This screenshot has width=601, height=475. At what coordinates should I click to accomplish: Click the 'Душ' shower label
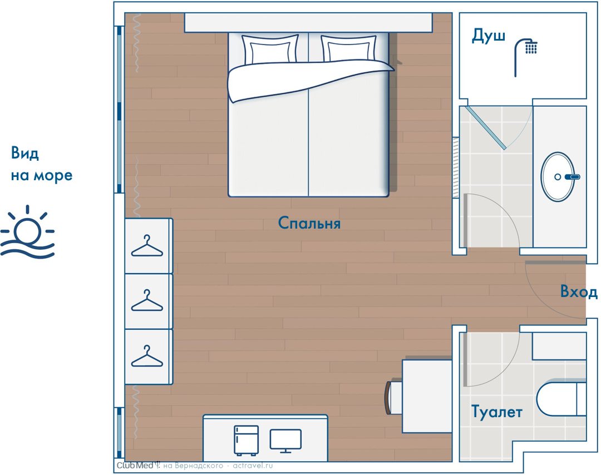[x=489, y=36]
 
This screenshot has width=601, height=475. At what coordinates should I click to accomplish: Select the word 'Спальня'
[x=309, y=223]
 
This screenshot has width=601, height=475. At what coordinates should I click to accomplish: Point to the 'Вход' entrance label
[x=579, y=291]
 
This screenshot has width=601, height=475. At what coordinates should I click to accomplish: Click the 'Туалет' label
[x=497, y=412]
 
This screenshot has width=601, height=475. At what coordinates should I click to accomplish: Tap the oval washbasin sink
[x=558, y=176]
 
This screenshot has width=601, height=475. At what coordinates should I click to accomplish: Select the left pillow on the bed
[x=270, y=49]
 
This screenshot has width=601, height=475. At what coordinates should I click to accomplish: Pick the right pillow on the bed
[x=348, y=48]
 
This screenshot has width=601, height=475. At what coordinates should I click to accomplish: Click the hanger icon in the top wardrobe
[x=147, y=246]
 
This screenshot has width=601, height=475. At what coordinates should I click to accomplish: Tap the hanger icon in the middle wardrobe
[x=147, y=300]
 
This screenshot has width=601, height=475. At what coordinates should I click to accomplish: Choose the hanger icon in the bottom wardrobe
[x=147, y=356]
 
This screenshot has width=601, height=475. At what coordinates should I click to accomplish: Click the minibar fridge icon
[x=246, y=441]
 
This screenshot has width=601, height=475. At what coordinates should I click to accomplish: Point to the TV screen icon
[x=285, y=441]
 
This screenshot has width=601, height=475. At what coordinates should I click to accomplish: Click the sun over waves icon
[x=28, y=232]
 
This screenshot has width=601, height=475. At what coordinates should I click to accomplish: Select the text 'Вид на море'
[x=41, y=164]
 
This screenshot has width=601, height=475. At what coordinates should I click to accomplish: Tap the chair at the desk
[x=392, y=397]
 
